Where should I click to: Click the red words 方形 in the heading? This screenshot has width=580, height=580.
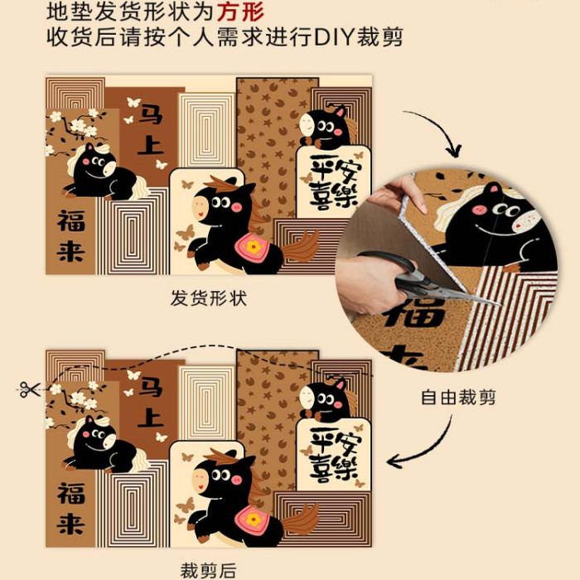[x=240, y=12]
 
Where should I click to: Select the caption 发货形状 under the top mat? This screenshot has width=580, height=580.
[x=209, y=298]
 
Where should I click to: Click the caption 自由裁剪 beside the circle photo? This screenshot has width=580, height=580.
[x=458, y=398]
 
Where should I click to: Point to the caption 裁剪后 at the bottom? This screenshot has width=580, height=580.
[x=208, y=570]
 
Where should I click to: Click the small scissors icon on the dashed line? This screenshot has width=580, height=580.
[x=30, y=389]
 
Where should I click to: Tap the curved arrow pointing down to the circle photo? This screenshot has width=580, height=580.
[x=437, y=129]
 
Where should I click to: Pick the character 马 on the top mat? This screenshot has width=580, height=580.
[x=152, y=114]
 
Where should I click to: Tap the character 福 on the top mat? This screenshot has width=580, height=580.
[x=71, y=221]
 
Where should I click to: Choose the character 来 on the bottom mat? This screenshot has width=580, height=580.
[x=71, y=523]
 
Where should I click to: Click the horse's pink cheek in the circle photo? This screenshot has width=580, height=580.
[x=480, y=210]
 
